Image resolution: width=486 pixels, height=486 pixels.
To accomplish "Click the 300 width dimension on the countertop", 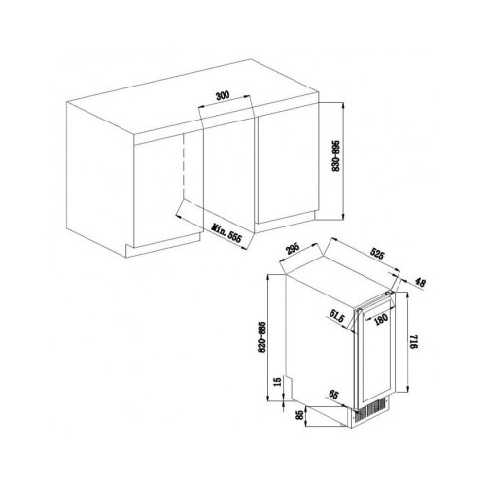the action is (223, 95).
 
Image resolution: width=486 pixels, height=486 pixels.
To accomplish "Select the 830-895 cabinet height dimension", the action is (336, 156).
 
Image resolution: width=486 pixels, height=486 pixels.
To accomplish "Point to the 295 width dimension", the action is (294, 249).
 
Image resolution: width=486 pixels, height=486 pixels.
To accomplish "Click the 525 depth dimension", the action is (377, 254).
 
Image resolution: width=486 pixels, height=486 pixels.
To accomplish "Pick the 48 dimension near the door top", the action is (420, 282).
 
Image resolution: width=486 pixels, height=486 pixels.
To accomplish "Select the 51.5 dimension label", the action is (336, 316).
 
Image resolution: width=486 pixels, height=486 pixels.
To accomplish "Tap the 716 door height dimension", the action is (414, 342).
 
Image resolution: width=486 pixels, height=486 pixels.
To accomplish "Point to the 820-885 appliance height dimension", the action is (262, 337).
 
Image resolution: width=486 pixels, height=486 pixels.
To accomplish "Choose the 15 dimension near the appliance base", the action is (278, 382).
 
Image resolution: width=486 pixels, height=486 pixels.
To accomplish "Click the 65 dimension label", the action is (333, 395).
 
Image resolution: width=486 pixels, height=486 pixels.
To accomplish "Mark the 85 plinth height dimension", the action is (300, 415).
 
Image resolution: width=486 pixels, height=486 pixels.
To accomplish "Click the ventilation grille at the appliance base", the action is (370, 411).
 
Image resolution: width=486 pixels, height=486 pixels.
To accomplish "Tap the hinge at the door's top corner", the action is (390, 294).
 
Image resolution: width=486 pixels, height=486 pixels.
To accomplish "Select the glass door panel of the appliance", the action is (377, 352).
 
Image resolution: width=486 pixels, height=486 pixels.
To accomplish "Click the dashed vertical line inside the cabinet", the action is (184, 166).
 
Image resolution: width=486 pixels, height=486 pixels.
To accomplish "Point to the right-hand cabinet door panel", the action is (287, 167).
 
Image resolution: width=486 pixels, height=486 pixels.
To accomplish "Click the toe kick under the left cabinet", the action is (162, 245).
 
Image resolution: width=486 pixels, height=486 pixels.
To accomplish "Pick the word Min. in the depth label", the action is (219, 228).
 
